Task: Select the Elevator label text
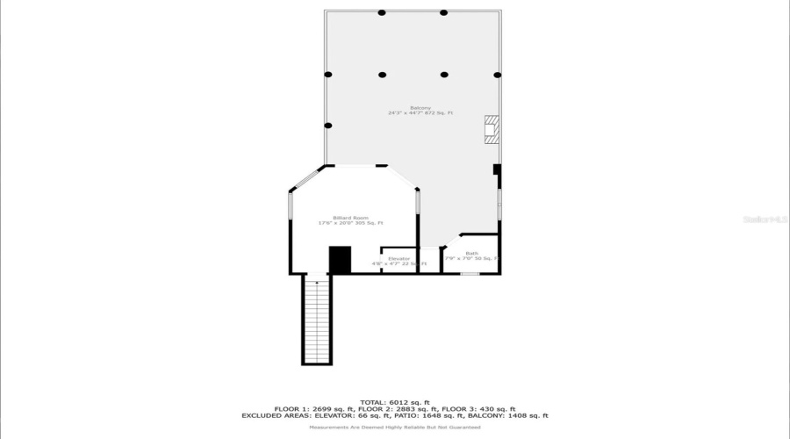(399, 258)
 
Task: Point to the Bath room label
(472, 253)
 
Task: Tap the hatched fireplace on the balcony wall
(492, 130)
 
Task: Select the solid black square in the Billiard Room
(340, 260)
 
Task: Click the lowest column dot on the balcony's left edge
(328, 126)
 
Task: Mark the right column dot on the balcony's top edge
(444, 13)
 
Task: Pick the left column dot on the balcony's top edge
(382, 13)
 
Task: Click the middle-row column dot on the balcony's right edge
(498, 75)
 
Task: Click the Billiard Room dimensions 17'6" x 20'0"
(335, 223)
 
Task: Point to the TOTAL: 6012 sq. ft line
(394, 401)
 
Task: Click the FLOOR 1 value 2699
(314, 408)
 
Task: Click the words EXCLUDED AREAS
(269, 415)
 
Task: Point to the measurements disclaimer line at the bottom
(394, 427)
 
